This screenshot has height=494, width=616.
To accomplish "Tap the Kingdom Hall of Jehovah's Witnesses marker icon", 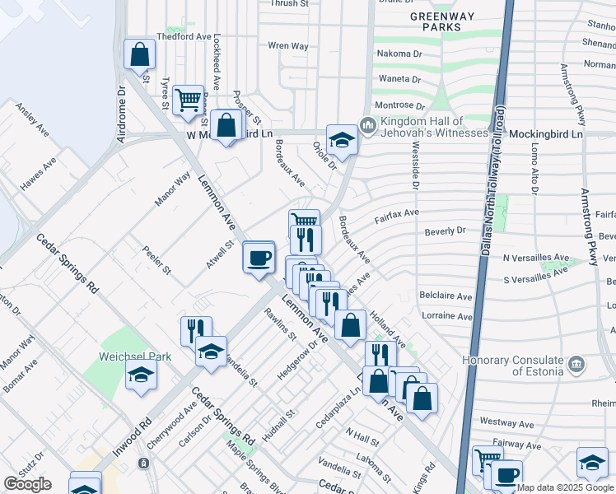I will pos(367,126).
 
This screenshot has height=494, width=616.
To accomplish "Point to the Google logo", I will pos(27,484).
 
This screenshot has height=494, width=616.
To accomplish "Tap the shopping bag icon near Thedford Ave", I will pos(140,54).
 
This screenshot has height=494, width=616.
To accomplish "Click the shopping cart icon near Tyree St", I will pos(189,100).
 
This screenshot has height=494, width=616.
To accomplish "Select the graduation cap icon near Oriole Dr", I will pos(342,140).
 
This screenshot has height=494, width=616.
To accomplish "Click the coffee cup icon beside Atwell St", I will pos(259,257).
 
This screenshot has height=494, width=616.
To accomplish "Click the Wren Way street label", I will pos(288,46).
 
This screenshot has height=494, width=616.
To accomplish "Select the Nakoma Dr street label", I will pos(399,54).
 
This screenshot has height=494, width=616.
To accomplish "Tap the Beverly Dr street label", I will pos(445,231).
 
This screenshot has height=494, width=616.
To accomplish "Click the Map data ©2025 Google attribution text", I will pos(566,487).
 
